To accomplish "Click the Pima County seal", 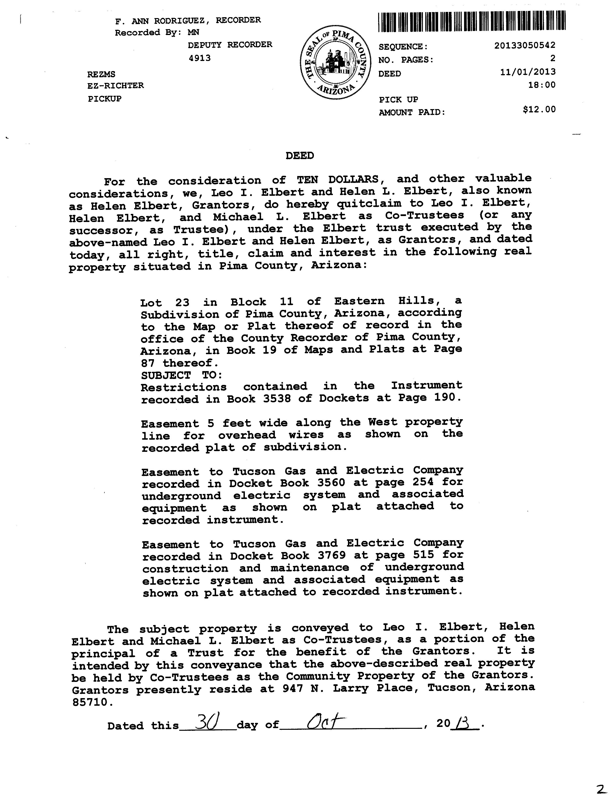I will (334, 62).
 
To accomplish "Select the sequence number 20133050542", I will (525, 45).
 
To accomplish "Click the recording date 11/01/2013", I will (528, 72).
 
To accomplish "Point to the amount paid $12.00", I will (539, 109).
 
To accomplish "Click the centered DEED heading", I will (300, 156).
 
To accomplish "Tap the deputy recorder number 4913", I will (199, 58).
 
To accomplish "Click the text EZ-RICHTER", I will (115, 86).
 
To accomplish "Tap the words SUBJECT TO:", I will (182, 375).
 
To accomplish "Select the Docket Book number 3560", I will (331, 483).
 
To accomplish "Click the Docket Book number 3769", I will (332, 555).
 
